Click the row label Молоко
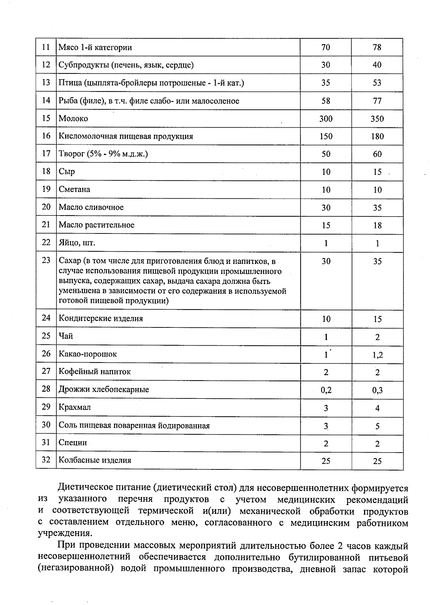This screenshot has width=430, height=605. [73, 119]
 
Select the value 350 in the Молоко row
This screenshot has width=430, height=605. [377, 119]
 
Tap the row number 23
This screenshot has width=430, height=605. [46, 260]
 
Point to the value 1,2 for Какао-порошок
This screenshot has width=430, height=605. [377, 355]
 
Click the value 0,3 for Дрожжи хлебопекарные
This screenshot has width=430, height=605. [377, 390]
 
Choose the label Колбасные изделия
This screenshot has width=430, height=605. [95, 460]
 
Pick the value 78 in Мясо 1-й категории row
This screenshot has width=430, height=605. [377, 47]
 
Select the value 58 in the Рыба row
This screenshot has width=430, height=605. [326, 101]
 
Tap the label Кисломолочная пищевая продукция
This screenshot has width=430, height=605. [126, 136]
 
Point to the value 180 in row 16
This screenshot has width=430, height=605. [377, 136]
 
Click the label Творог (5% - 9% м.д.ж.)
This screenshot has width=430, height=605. [103, 154]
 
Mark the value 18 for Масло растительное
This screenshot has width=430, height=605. [377, 226]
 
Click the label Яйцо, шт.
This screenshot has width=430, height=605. [77, 243]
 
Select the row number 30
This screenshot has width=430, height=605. [46, 425]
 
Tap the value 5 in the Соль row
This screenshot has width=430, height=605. [377, 426]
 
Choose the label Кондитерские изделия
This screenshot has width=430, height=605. [101, 318]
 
